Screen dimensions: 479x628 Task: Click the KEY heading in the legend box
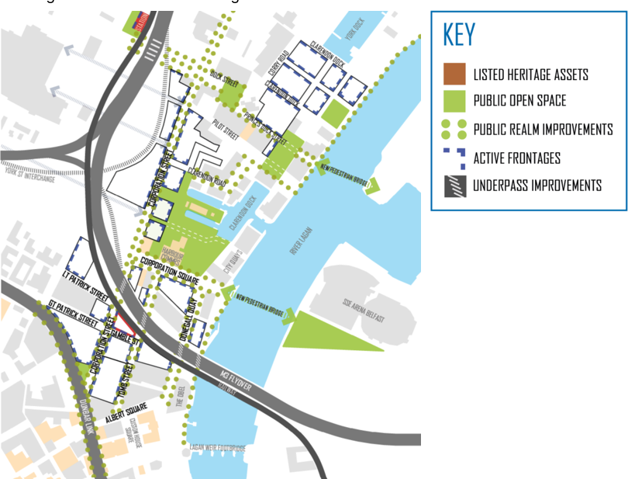coord(459,35)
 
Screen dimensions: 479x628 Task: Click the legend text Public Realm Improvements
coord(543,129)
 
